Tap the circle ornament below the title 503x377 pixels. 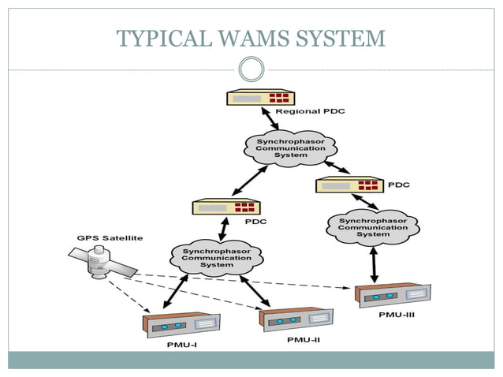tap(251, 69)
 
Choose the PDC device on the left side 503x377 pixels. tap(225, 207)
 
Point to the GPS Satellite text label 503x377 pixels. tap(110, 239)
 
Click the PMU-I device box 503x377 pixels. tap(181, 325)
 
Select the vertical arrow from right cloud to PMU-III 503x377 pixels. tap(374, 263)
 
